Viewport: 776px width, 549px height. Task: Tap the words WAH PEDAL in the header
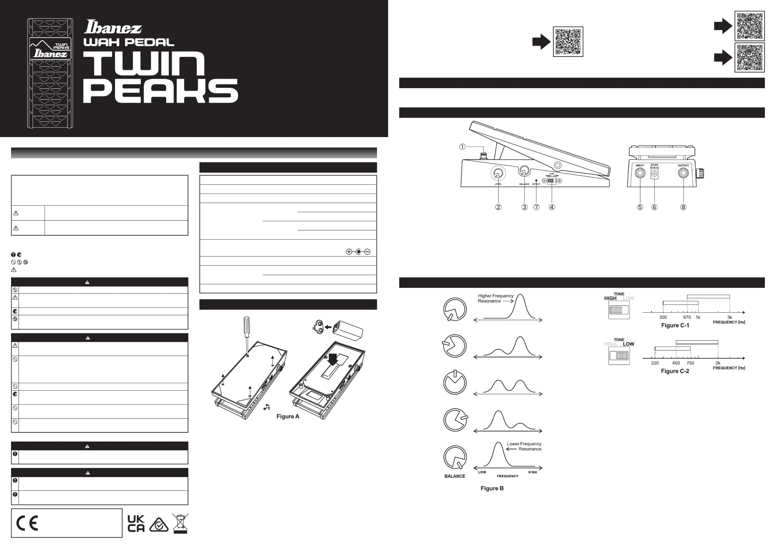pyautogui.click(x=129, y=42)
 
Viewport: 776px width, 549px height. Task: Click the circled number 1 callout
pyautogui.click(x=462, y=146)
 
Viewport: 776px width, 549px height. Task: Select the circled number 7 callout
pyautogui.click(x=536, y=207)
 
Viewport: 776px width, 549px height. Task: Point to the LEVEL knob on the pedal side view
pyautogui.click(x=498, y=174)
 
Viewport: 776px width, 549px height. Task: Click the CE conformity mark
pyautogui.click(x=27, y=523)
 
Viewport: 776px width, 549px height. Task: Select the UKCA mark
pyautogui.click(x=136, y=523)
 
